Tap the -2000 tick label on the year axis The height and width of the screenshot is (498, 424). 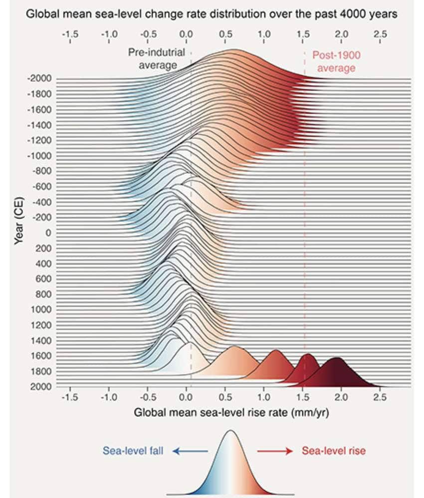(41, 79)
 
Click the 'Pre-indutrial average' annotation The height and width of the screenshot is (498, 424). (157, 58)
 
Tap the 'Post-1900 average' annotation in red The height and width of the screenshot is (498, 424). (336, 62)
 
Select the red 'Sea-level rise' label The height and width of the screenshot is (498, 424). (333, 451)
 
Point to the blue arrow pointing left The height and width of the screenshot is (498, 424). (191, 451)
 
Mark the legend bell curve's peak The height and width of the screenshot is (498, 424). (230, 431)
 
